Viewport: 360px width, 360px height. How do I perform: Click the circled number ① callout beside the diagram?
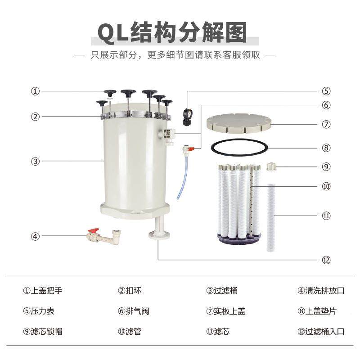(35, 91)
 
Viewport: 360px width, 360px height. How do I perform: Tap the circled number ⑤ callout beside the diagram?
(326, 91)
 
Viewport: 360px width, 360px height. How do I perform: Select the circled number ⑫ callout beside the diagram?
(326, 260)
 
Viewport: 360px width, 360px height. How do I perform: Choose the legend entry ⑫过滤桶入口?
(321, 332)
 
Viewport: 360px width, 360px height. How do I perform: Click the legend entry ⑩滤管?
(130, 332)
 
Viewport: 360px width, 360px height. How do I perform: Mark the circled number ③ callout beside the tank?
(35, 161)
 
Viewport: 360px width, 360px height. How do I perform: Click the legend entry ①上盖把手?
(43, 291)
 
